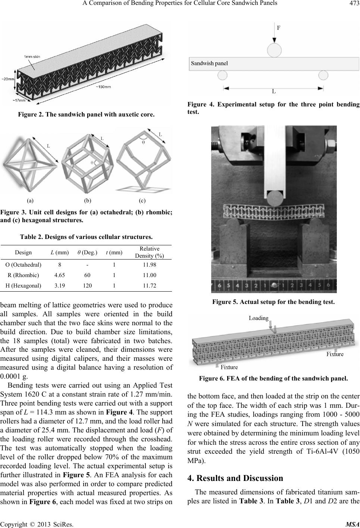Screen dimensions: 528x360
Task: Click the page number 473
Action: click(352, 4)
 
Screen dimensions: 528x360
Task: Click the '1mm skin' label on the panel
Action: click(33, 56)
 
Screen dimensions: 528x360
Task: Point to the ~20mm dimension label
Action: click(7, 79)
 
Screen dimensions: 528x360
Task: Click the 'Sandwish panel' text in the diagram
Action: click(209, 63)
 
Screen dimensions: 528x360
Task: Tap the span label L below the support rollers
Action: click(273, 91)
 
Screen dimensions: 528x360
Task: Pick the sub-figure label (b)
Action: click(88, 201)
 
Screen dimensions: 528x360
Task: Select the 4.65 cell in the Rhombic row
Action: click(59, 276)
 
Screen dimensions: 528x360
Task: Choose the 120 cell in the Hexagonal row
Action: click(87, 286)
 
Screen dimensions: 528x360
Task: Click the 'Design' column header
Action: click(23, 252)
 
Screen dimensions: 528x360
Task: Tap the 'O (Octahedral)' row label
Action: click(24, 265)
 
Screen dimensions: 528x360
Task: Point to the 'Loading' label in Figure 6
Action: click(259, 318)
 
